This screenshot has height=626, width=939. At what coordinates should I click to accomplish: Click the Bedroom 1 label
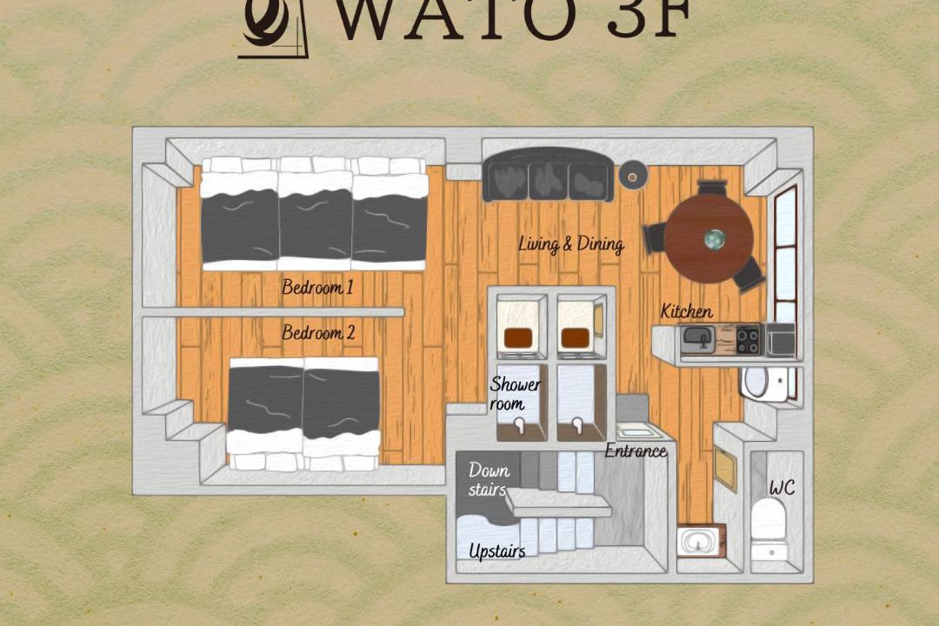coord(317,288)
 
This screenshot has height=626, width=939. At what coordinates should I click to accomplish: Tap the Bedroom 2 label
coord(318,332)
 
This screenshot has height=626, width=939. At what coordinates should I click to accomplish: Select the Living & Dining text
coord(570,243)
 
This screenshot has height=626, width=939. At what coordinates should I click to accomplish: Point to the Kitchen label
coord(686,311)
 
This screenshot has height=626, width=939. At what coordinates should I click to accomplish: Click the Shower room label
coord(515,394)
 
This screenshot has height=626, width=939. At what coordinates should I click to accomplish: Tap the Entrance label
coord(636,450)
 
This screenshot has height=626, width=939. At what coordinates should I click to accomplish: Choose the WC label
coord(782,489)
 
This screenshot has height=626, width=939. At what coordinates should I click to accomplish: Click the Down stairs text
coord(488,479)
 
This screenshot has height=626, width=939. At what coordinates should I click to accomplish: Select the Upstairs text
coord(497,551)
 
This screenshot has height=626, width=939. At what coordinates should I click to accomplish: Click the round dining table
coord(709,238)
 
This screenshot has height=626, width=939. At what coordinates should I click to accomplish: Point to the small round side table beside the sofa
coord(632,176)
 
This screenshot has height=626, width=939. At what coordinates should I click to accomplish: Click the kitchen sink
coord(698,339)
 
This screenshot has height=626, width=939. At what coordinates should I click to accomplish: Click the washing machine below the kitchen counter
coord(764,383)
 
